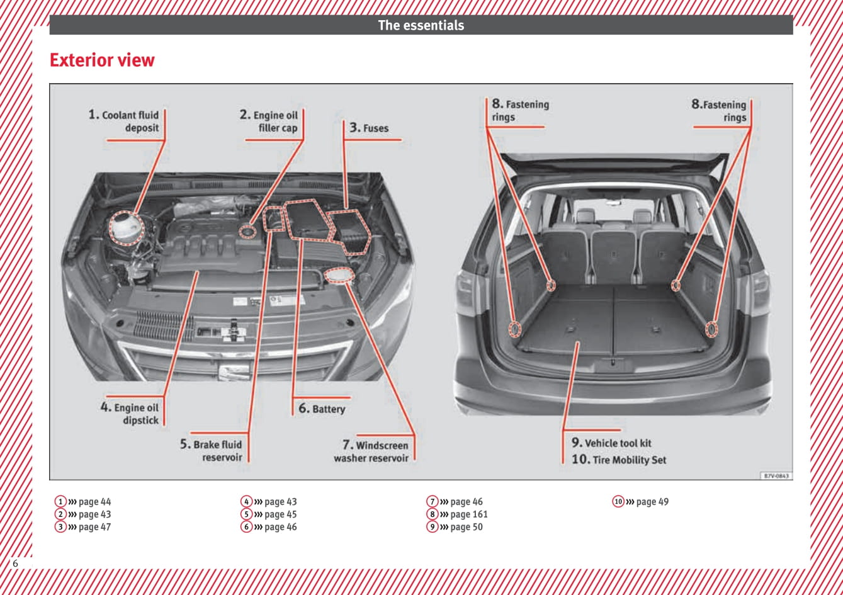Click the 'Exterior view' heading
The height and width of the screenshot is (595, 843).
(102, 60)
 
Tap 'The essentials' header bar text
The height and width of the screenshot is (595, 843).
(421, 26)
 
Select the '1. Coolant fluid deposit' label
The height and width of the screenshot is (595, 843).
(124, 122)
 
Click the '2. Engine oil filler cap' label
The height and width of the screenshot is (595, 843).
(269, 122)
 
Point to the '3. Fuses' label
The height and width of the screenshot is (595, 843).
(370, 128)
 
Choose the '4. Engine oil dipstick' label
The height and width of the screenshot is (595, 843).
(130, 414)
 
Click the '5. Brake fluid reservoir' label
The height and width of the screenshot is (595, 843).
(212, 451)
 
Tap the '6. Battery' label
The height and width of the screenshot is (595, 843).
(322, 409)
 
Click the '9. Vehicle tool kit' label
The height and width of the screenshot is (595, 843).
(611, 443)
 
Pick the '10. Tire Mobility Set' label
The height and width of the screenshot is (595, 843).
(618, 460)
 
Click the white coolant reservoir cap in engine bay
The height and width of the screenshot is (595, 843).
(127, 229)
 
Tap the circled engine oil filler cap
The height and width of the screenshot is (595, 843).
(248, 232)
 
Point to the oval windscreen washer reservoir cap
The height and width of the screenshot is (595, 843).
(340, 276)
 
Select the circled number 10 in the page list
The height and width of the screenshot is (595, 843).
(618, 502)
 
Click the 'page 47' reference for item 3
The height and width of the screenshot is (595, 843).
(94, 527)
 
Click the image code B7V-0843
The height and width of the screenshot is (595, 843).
(776, 476)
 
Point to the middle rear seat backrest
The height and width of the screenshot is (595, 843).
(613, 255)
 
